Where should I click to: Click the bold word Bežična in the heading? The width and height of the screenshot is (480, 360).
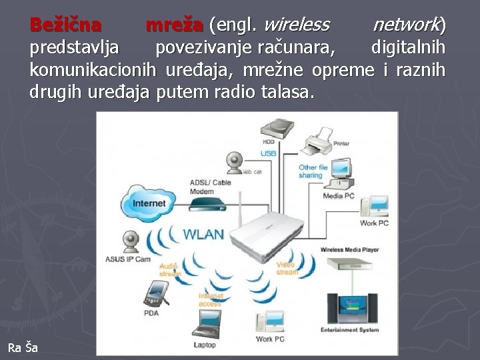(x=65, y=25)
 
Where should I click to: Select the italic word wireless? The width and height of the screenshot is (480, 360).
(x=297, y=25)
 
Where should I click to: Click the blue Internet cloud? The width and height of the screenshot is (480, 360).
(x=149, y=202)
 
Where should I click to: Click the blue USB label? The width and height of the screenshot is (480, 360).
(x=268, y=153)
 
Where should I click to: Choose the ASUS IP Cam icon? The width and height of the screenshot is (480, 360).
(x=131, y=241)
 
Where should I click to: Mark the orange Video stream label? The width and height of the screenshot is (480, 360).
(x=287, y=268)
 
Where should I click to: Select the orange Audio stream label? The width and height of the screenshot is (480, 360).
(x=170, y=269)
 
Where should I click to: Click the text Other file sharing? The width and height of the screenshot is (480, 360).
(x=313, y=171)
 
